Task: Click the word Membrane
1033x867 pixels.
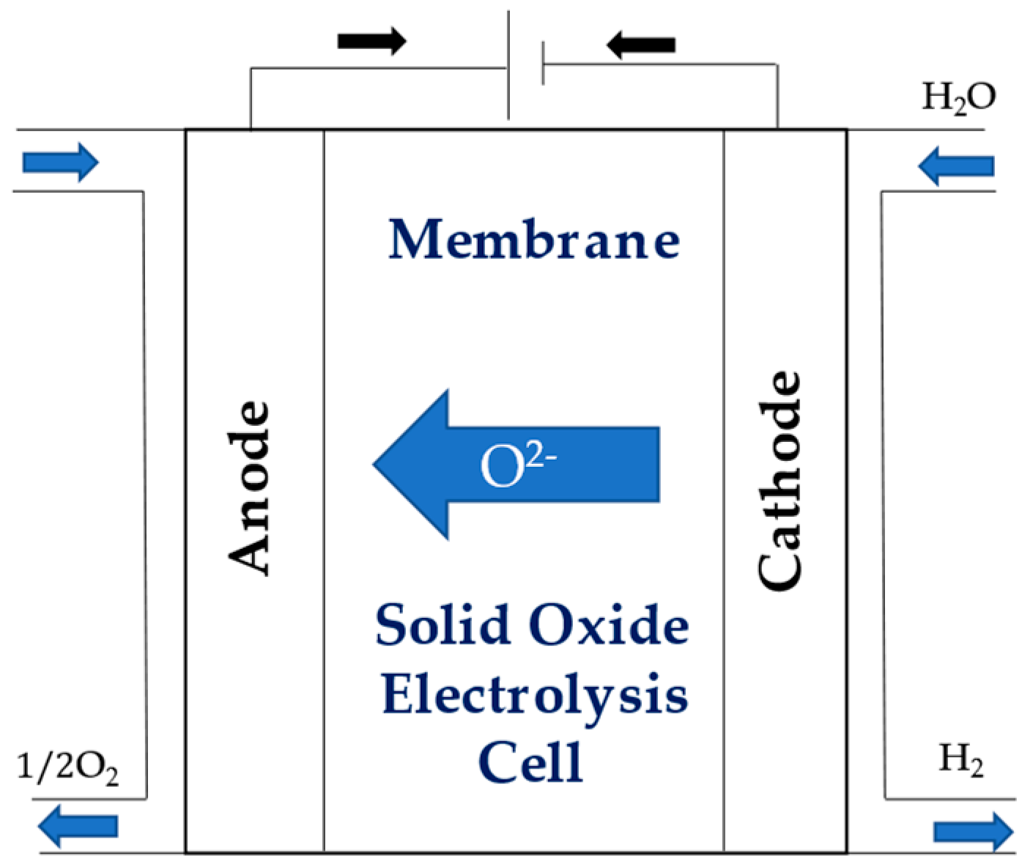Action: (x=533, y=240)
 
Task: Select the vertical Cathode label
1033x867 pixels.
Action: (x=780, y=480)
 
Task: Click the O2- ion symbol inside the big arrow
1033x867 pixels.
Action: (x=516, y=465)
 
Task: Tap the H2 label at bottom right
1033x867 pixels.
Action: (x=960, y=760)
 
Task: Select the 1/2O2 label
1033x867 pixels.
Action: (x=67, y=768)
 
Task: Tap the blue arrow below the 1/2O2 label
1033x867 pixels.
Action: (x=78, y=825)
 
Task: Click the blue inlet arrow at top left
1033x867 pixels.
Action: (x=60, y=162)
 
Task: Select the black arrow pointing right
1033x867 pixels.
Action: (x=371, y=41)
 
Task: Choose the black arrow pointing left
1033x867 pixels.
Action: (x=640, y=45)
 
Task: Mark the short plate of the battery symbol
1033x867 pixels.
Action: (x=543, y=64)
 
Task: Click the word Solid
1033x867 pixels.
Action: (x=443, y=625)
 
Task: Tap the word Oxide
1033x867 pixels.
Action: (x=609, y=625)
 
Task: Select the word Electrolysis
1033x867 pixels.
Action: (x=534, y=695)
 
